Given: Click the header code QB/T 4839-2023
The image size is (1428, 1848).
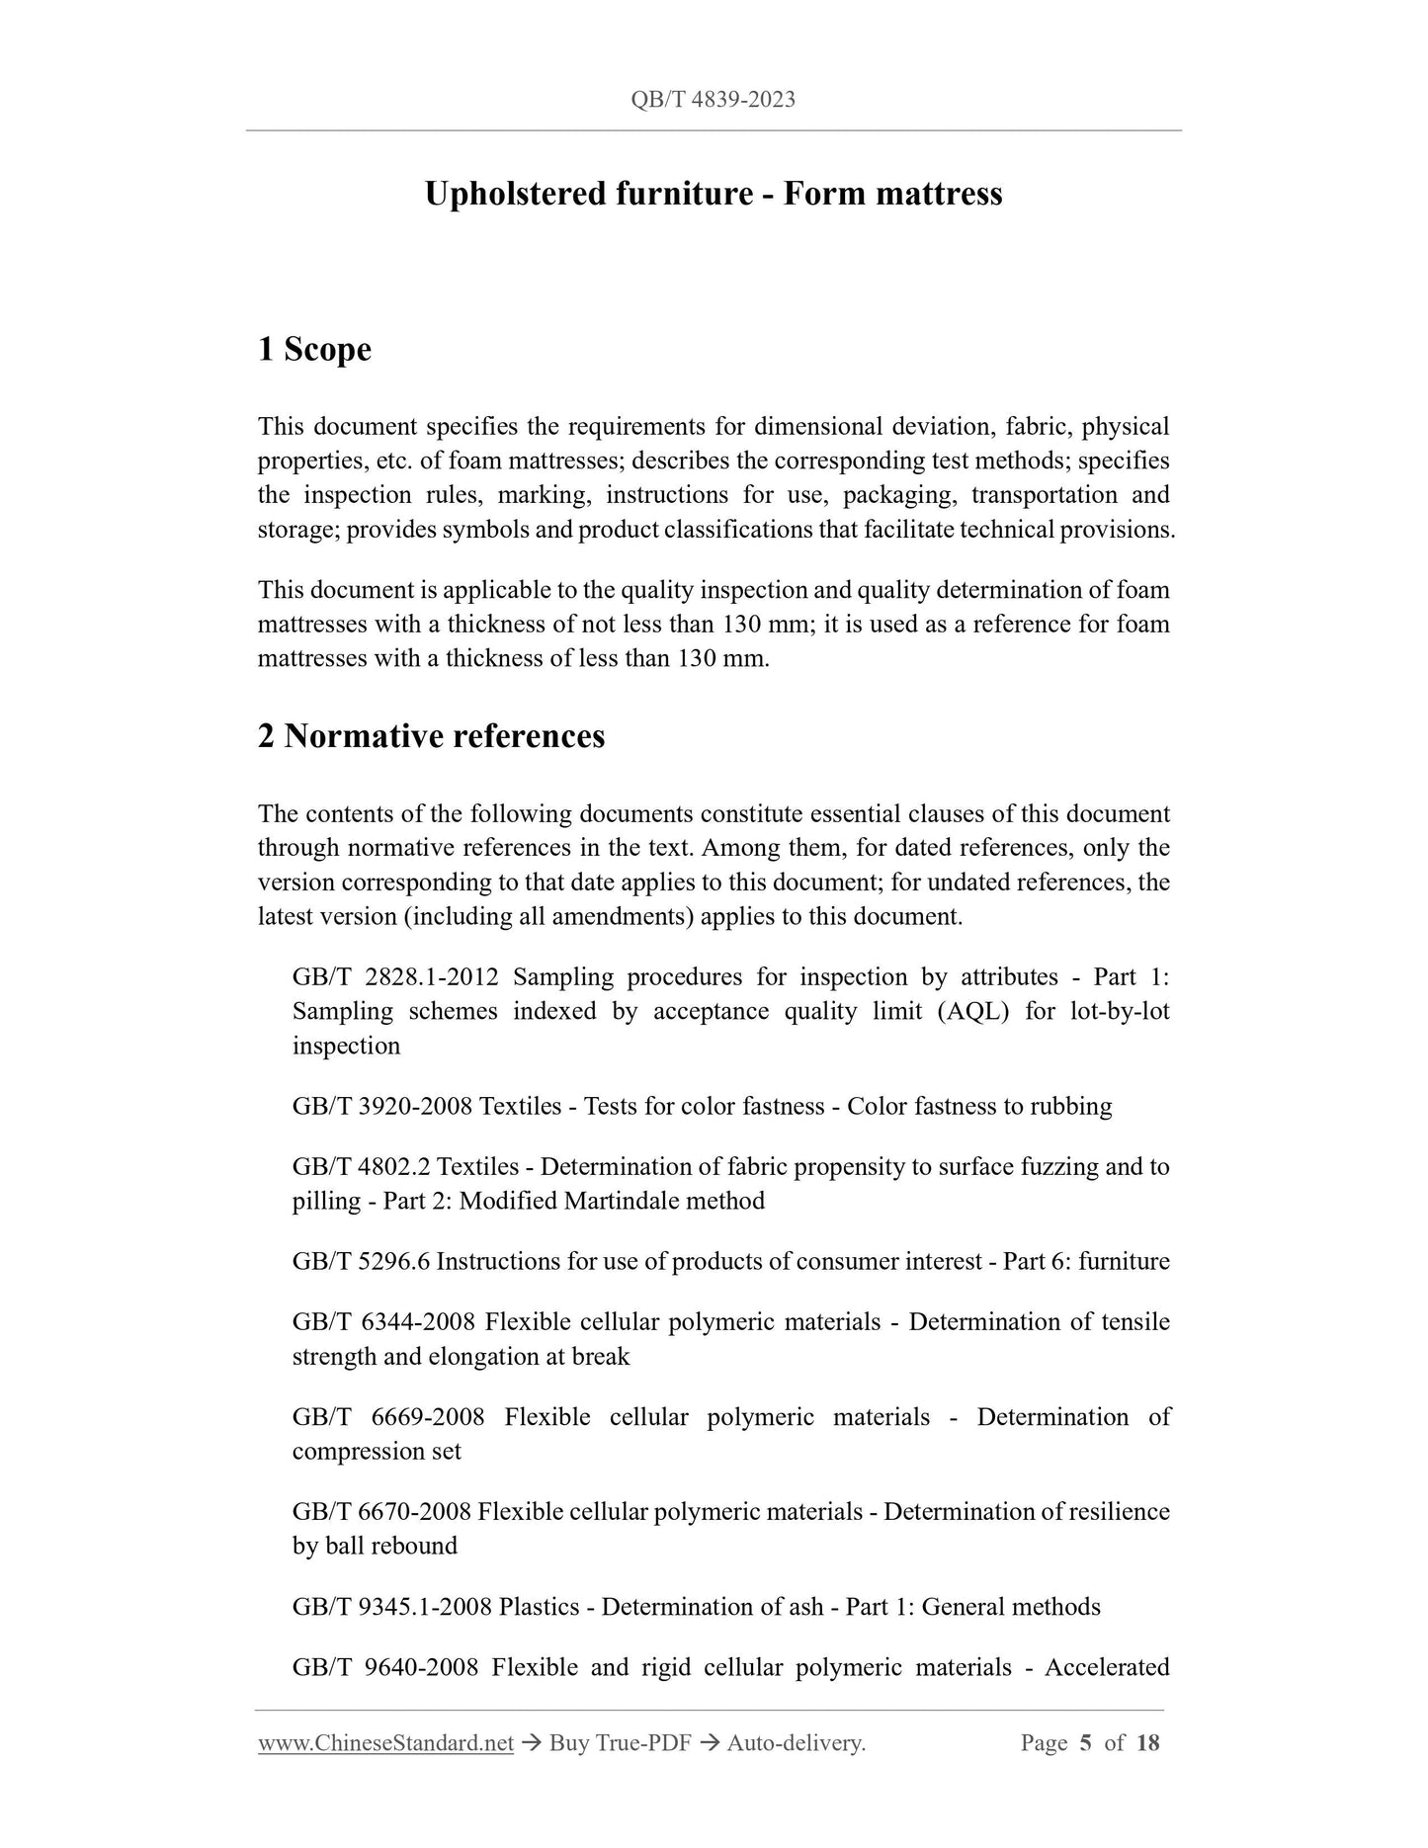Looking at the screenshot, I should tap(713, 100).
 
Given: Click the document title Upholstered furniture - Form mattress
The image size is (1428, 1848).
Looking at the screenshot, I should tap(713, 194).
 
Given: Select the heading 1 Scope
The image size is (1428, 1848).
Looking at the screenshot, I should tap(314, 349).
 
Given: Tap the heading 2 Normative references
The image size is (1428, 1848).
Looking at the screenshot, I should tap(431, 736).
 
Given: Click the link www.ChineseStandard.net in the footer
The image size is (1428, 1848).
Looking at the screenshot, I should tap(385, 1743).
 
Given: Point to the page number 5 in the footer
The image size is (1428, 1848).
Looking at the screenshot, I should tap(1085, 1743).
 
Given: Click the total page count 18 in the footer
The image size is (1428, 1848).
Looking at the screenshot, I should tap(1147, 1743).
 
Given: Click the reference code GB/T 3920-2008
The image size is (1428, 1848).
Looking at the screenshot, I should tap(382, 1106).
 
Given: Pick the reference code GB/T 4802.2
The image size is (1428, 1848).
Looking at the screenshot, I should tap(361, 1167).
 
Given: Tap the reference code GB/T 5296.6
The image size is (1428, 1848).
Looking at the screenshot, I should tap(361, 1262).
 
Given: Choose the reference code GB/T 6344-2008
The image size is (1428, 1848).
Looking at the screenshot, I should tap(383, 1322).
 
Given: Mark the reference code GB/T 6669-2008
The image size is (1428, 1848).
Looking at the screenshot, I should tap(388, 1417).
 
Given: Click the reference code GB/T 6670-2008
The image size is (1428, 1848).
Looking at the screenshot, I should tap(381, 1512).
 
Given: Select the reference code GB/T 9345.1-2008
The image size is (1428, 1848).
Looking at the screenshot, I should tap(392, 1607).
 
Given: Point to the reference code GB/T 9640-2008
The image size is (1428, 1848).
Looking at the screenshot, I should tap(385, 1668).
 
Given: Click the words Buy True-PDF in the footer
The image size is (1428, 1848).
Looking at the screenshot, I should tap(620, 1743).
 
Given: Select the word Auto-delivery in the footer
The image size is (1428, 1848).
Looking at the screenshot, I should tap(795, 1743).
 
